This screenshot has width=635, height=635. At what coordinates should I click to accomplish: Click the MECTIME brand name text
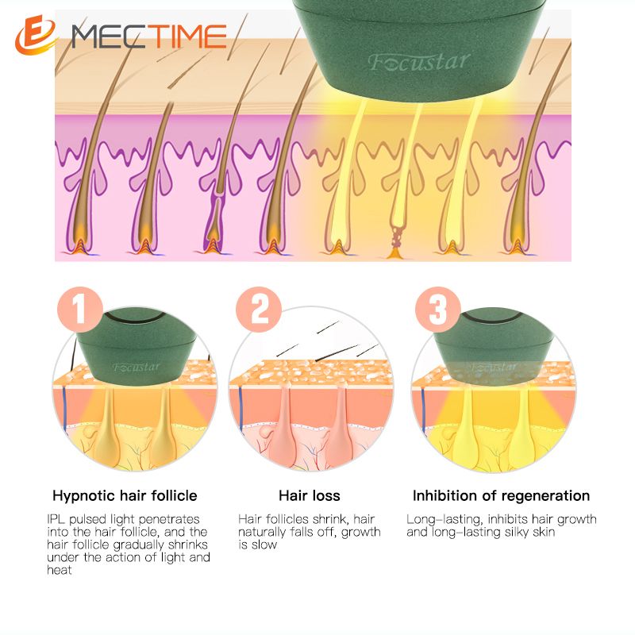(148, 37)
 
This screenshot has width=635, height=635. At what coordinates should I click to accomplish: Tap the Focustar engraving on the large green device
(419, 63)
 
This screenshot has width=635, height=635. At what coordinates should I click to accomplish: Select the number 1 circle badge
(80, 310)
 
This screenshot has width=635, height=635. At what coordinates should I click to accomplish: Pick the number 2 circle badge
(259, 310)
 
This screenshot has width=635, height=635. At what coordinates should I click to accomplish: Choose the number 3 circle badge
(438, 310)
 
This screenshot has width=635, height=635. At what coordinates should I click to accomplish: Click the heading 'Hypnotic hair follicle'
(125, 495)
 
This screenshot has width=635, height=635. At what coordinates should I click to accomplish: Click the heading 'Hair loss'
(310, 495)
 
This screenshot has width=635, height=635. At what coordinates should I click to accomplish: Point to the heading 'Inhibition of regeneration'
(501, 495)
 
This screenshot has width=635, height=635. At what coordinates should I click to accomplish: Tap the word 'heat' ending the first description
(59, 570)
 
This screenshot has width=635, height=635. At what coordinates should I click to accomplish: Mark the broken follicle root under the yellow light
(395, 243)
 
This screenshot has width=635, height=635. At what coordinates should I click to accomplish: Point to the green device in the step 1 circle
(137, 348)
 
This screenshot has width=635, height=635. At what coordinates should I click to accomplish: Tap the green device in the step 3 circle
(493, 348)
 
